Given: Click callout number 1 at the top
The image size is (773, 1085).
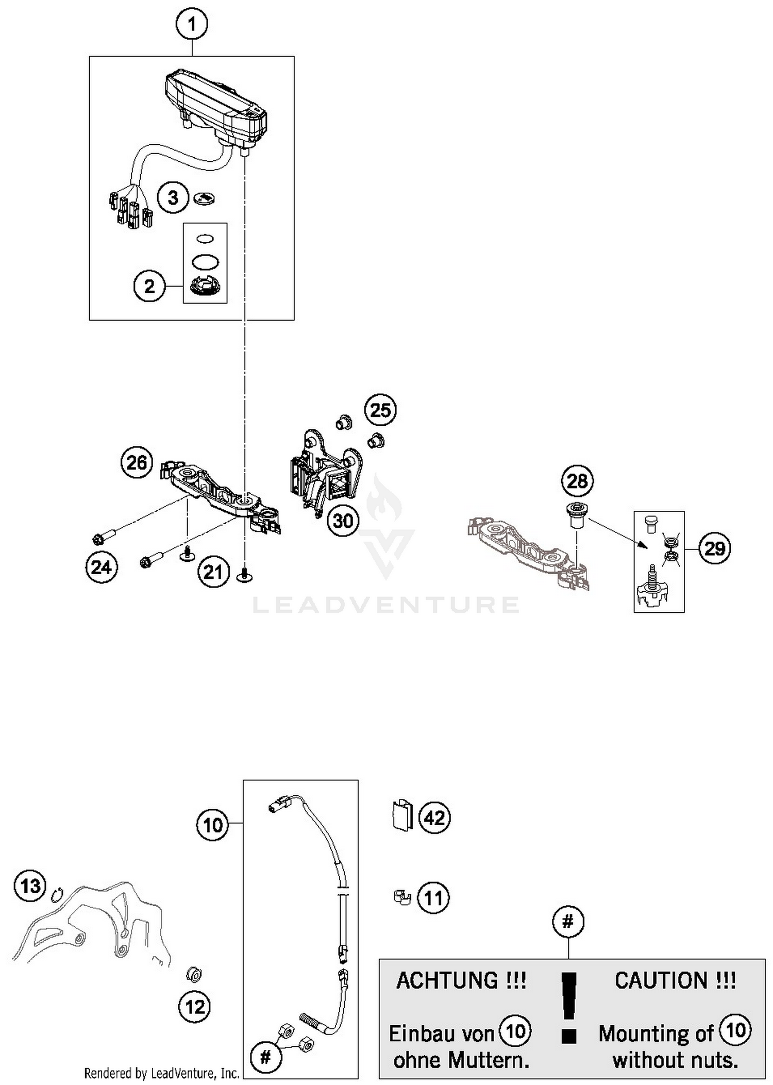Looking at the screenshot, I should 192,24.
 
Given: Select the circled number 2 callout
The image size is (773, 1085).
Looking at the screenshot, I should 149,286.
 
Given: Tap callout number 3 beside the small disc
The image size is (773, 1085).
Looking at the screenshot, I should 173,197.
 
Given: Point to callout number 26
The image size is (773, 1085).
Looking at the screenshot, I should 137,462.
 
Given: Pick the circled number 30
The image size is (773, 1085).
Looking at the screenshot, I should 343,521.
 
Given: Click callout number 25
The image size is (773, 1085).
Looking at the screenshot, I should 380,410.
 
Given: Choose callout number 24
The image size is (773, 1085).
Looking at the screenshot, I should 102,567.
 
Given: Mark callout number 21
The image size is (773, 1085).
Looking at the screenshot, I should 213,572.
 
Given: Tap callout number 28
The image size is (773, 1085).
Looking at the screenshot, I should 577,481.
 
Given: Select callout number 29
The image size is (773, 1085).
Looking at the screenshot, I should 715,548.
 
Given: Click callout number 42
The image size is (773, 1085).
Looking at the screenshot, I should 434,818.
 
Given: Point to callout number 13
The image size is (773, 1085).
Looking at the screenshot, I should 30,886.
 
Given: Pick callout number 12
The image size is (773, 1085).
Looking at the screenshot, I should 195,1007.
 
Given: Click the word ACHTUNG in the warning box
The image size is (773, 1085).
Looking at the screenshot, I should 461,980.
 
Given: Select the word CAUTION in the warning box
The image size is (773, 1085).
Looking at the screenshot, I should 675,980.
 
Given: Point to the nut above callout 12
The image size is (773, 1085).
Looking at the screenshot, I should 194,974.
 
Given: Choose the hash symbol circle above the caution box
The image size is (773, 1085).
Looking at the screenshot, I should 568,922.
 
